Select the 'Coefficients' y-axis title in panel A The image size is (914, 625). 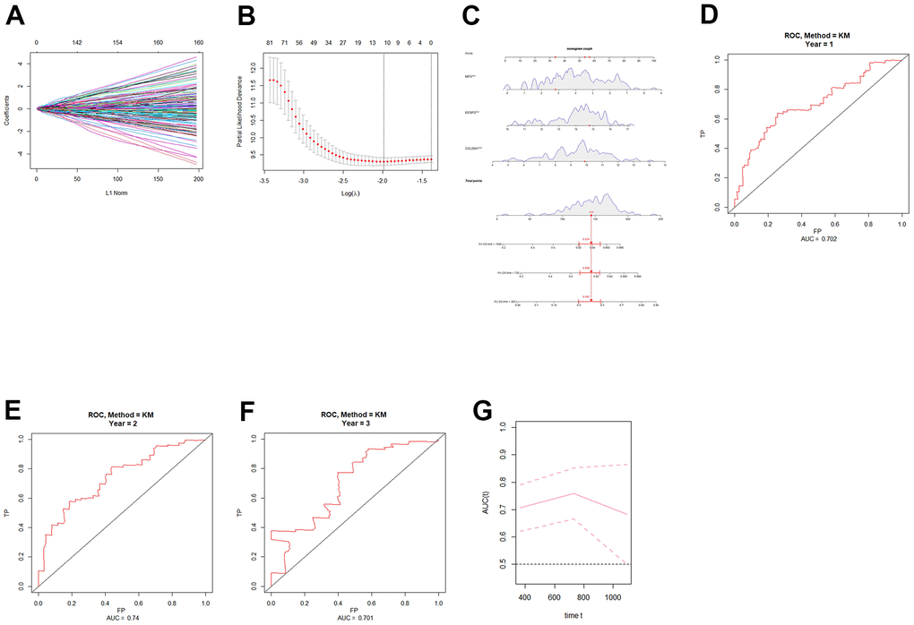(x=7, y=109)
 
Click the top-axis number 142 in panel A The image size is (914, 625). (x=78, y=42)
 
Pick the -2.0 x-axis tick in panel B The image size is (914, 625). (x=384, y=180)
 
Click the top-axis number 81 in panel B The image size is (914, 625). (x=269, y=42)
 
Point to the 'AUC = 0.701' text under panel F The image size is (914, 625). (x=355, y=618)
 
